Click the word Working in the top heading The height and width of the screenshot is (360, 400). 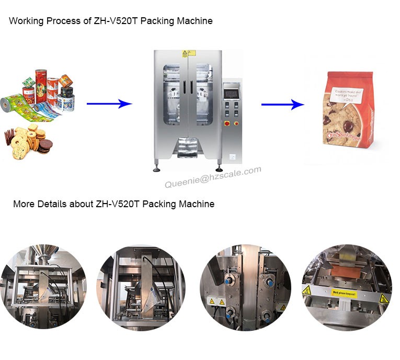click(x=25, y=21)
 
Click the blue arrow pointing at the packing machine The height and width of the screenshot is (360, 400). click(x=108, y=104)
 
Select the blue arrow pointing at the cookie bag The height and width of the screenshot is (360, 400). click(x=282, y=105)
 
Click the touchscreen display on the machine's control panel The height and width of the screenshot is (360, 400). click(x=231, y=94)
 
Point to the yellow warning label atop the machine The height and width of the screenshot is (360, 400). click(x=185, y=53)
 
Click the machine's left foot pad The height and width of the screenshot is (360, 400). click(x=156, y=168)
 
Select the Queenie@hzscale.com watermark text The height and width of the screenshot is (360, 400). click(x=213, y=177)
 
